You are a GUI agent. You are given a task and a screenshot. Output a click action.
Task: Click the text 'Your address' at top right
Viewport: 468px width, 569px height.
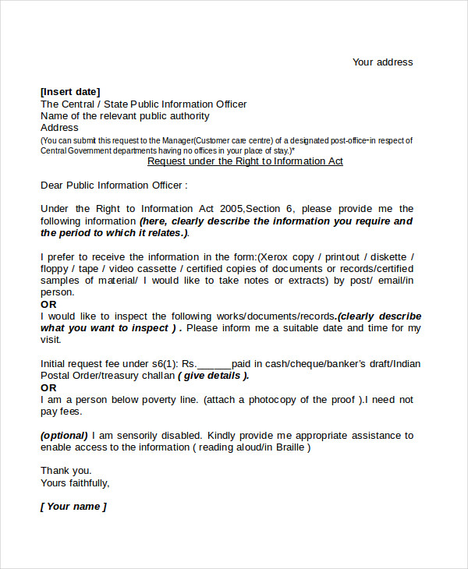pyautogui.click(x=382, y=62)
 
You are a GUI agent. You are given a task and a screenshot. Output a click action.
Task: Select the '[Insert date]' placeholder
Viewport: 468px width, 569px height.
pyautogui.click(x=70, y=92)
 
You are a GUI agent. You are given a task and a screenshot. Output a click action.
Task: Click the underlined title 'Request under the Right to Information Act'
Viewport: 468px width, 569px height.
pyautogui.click(x=245, y=161)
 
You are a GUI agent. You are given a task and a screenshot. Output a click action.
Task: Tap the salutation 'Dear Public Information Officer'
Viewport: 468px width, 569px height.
pyautogui.click(x=114, y=186)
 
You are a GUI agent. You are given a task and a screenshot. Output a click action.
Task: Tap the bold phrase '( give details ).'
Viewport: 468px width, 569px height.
pyautogui.click(x=214, y=376)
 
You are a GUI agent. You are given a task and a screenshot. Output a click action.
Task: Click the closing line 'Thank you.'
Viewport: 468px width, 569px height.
pyautogui.click(x=66, y=471)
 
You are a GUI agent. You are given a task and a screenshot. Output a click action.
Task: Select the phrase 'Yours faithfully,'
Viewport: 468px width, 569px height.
pyautogui.click(x=75, y=482)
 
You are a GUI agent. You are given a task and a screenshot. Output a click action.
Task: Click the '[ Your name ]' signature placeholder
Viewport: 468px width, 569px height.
pyautogui.click(x=73, y=507)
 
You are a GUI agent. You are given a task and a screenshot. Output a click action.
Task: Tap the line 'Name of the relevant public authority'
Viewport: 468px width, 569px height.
pyautogui.click(x=125, y=116)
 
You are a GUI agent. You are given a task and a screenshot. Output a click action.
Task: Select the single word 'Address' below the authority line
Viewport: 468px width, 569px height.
pyautogui.click(x=59, y=128)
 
